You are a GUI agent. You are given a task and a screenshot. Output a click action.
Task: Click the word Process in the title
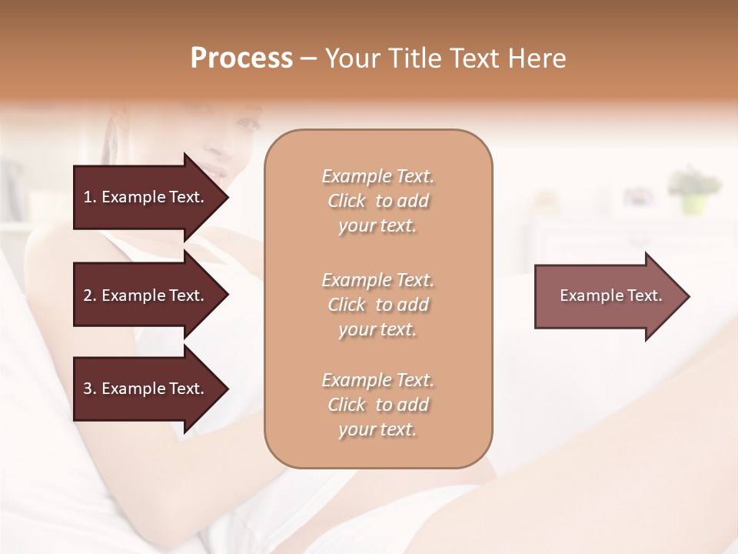pyautogui.click(x=241, y=58)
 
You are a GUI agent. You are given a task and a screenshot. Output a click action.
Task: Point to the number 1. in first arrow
pyautogui.click(x=90, y=197)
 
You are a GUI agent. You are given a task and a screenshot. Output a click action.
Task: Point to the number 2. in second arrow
pyautogui.click(x=90, y=295)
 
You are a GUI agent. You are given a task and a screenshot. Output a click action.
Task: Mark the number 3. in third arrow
pyautogui.click(x=90, y=389)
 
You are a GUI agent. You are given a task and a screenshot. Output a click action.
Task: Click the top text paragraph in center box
pyautogui.click(x=377, y=201)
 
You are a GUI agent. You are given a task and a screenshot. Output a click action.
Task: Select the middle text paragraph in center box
pyautogui.click(x=377, y=305)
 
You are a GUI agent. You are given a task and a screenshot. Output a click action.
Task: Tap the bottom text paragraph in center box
pyautogui.click(x=377, y=405)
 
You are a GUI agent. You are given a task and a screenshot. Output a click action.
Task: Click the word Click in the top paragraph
pyautogui.click(x=347, y=201)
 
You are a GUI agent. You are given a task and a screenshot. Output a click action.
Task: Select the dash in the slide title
pyautogui.click(x=308, y=58)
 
